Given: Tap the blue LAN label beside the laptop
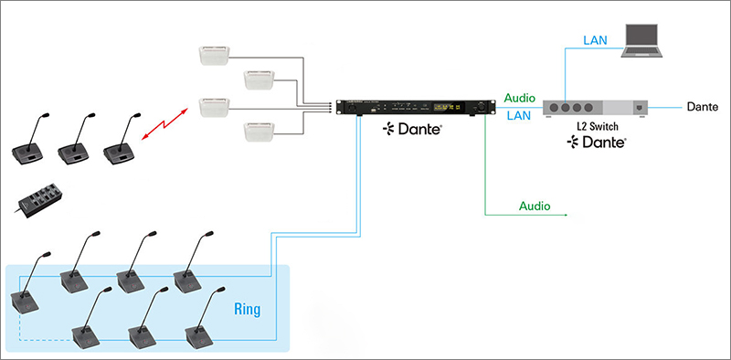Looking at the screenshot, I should [x=596, y=39].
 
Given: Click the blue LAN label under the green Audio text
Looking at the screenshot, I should [x=517, y=116].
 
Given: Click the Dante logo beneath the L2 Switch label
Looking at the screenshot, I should [x=596, y=143].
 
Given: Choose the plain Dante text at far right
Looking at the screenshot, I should [x=703, y=107].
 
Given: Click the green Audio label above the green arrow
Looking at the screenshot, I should [x=534, y=206].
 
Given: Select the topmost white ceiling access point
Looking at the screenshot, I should [x=217, y=56].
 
